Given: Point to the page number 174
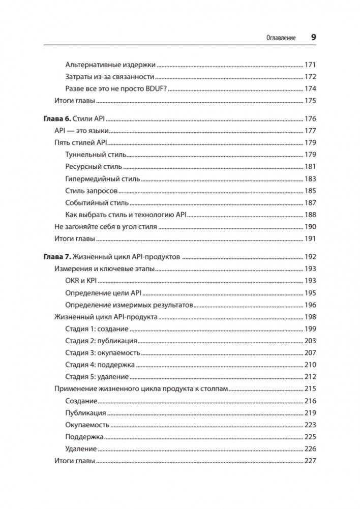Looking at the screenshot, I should click(x=310, y=88).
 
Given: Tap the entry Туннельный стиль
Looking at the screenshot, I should click(x=96, y=155).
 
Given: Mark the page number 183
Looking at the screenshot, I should click(x=310, y=178).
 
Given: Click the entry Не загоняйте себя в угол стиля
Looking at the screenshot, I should click(x=105, y=226).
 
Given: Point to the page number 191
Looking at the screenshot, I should click(x=310, y=238).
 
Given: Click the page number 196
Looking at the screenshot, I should click(x=310, y=305).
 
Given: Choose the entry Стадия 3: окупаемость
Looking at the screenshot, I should click(x=103, y=353).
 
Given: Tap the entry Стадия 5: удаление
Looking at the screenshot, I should click(x=97, y=377).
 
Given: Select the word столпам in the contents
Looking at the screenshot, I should click(x=215, y=389).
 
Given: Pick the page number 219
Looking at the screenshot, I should click(x=310, y=413).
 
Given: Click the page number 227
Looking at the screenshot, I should click(x=310, y=461).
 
